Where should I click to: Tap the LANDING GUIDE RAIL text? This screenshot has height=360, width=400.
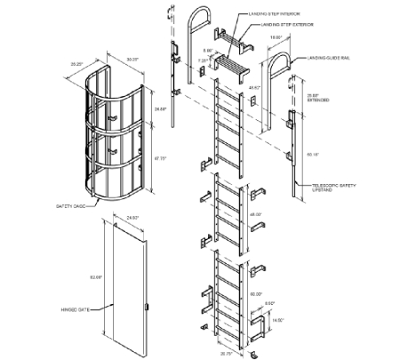[x=330, y=58]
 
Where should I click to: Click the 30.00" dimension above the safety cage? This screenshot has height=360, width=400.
[x=133, y=61]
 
